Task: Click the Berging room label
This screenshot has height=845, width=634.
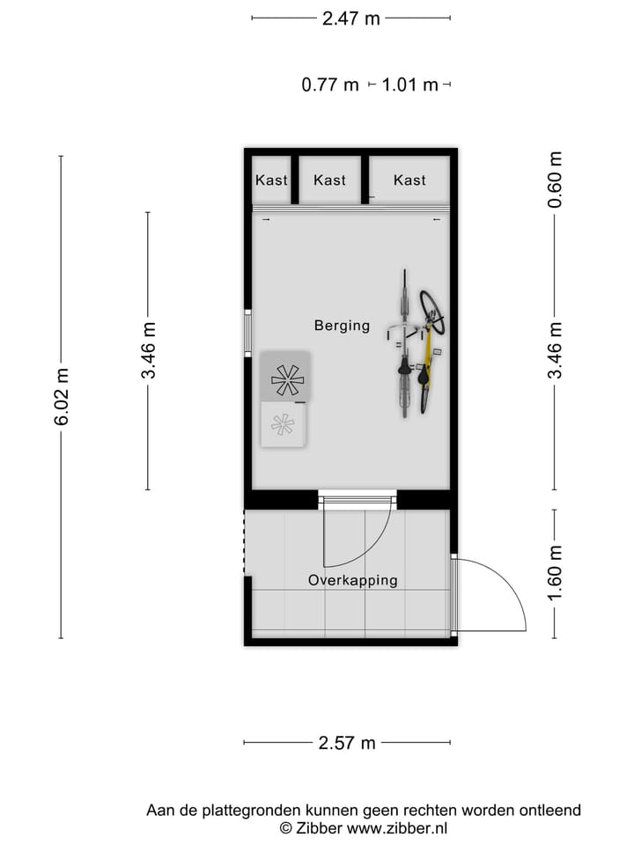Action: pyautogui.click(x=342, y=326)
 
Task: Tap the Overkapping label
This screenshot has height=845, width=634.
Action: pyautogui.click(x=352, y=580)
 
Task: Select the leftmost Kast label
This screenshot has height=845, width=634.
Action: pyautogui.click(x=271, y=180)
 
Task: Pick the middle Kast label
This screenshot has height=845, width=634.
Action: pyautogui.click(x=329, y=180)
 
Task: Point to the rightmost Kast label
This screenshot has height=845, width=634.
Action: pyautogui.click(x=409, y=180)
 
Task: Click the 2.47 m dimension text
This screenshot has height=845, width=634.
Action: pyautogui.click(x=350, y=18)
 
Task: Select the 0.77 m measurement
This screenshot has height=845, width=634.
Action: pyautogui.click(x=330, y=85)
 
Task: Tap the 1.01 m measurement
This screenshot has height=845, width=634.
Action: pyautogui.click(x=409, y=85)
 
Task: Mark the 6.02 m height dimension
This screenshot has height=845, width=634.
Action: pyautogui.click(x=62, y=396)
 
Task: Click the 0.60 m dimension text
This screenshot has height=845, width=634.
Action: pyautogui.click(x=555, y=180)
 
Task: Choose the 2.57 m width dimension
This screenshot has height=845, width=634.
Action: pyautogui.click(x=347, y=743)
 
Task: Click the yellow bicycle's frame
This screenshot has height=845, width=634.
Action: pyautogui.click(x=428, y=352)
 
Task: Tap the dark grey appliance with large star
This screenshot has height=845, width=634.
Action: pyautogui.click(x=286, y=378)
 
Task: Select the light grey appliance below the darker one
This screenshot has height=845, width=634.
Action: pyautogui.click(x=283, y=424)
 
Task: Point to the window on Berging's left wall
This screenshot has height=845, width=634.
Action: pyautogui.click(x=248, y=332)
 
